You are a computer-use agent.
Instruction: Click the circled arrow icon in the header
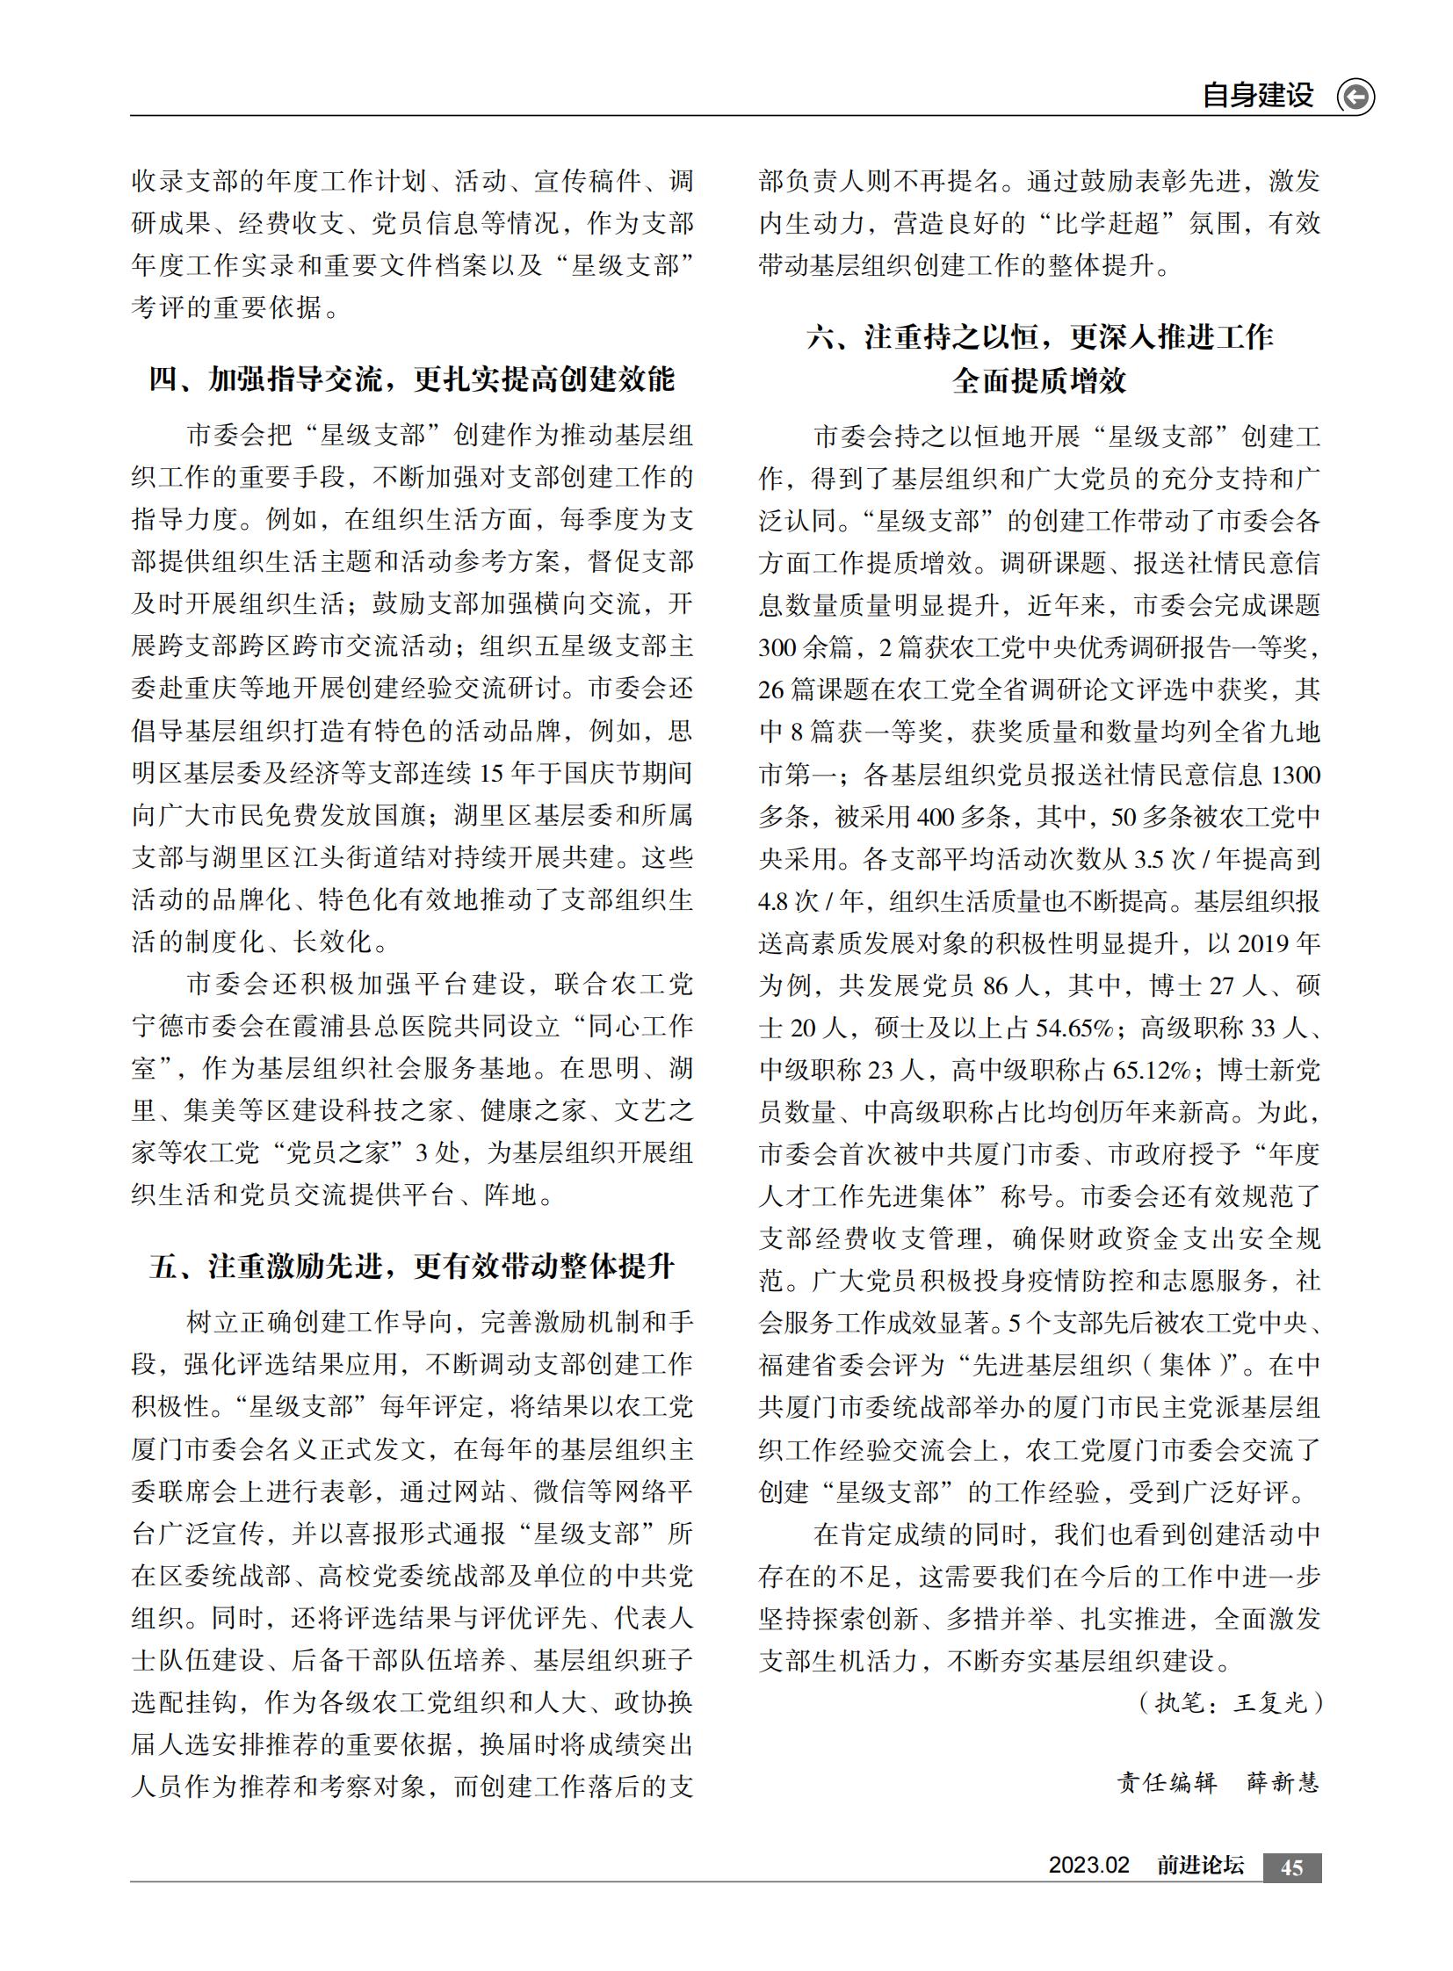(x=1355, y=96)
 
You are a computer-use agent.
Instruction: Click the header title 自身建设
(x=1258, y=95)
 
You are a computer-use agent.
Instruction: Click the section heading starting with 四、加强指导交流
(x=412, y=379)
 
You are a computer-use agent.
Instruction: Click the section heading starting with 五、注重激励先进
(x=412, y=1267)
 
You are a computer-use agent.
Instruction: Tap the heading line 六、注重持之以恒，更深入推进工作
(x=1039, y=337)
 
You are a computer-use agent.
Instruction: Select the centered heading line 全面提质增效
(x=1039, y=381)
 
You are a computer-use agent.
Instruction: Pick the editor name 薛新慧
(x=1283, y=1783)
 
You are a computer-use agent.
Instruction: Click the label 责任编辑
(x=1167, y=1783)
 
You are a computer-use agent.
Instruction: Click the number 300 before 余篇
(x=776, y=647)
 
